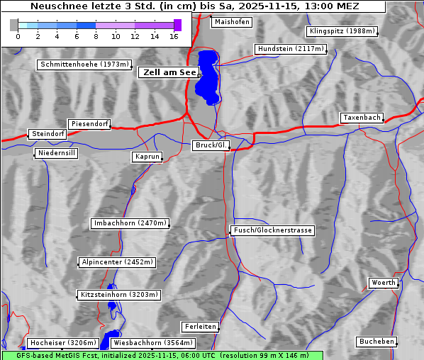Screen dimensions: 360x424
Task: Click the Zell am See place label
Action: [x=169, y=72]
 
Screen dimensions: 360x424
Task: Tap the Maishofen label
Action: [x=231, y=22]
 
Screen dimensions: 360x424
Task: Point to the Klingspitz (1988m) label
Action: [x=342, y=31]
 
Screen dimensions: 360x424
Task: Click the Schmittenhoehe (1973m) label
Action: [x=84, y=64]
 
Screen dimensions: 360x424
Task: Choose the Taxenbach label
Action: [x=362, y=118]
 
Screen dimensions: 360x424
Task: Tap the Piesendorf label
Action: [x=89, y=124]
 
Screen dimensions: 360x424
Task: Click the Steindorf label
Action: [x=48, y=134]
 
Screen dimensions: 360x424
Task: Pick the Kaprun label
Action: [x=147, y=157]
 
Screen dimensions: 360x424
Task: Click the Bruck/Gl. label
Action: [x=211, y=145]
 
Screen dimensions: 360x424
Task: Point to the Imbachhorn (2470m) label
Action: [x=130, y=223]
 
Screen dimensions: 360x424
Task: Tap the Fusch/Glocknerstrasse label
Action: [x=273, y=230]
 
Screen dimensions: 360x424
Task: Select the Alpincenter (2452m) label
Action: [x=117, y=262]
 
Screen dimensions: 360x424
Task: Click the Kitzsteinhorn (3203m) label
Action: [x=118, y=294]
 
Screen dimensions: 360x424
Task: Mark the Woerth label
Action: [x=384, y=283]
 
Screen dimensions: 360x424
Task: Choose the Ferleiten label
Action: [x=199, y=327]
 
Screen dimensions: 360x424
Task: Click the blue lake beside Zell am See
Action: [x=208, y=74]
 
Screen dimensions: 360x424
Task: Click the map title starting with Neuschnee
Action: [x=194, y=6]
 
